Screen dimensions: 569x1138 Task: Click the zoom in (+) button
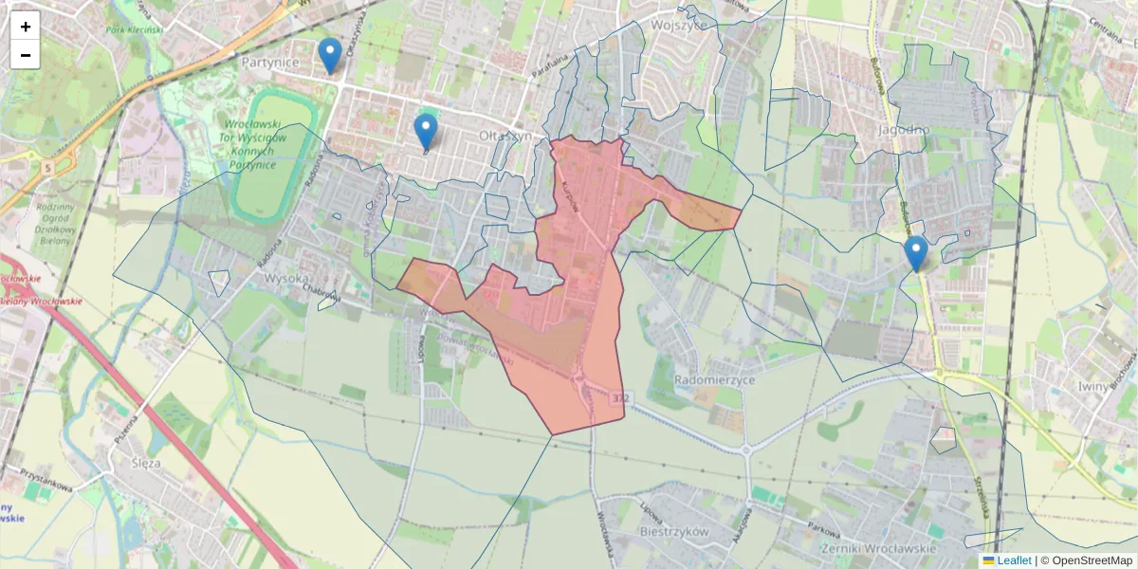coord(26,27)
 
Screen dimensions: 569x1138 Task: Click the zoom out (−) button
coord(26,55)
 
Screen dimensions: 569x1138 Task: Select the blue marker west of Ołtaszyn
coord(426,133)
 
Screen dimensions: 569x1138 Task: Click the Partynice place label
coord(270,63)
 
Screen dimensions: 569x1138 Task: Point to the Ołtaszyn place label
coord(506,137)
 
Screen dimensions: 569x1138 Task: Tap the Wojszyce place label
coord(678,26)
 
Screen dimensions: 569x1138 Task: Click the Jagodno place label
coord(904,129)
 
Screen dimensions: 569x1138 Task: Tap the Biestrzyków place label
coord(674,532)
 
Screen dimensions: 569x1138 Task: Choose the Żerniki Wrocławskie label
coord(879,549)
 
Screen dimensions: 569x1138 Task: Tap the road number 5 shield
coord(46,167)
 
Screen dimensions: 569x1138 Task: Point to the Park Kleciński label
coord(135,29)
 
